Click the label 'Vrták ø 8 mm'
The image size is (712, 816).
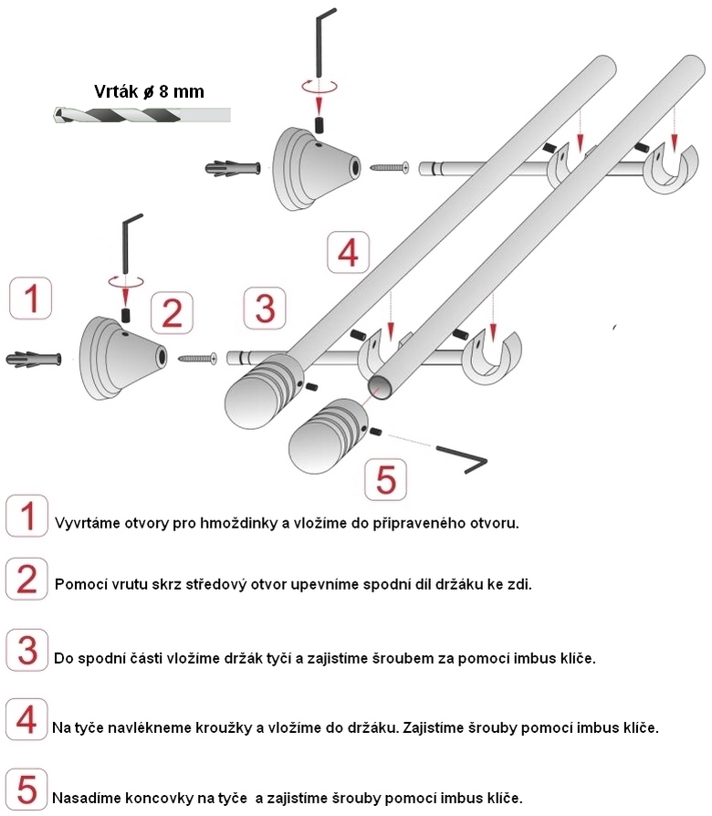pyautogui.click(x=149, y=91)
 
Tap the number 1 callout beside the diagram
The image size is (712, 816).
pyautogui.click(x=31, y=299)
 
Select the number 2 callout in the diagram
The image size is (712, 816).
pyautogui.click(x=172, y=313)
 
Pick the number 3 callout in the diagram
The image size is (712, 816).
pyautogui.click(x=264, y=308)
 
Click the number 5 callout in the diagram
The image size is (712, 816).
pyautogui.click(x=385, y=478)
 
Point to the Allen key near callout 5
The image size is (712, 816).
pyautogui.click(x=462, y=459)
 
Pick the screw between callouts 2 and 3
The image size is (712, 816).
pyautogui.click(x=197, y=358)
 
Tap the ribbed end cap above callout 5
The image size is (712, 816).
pyautogui.click(x=330, y=434)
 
